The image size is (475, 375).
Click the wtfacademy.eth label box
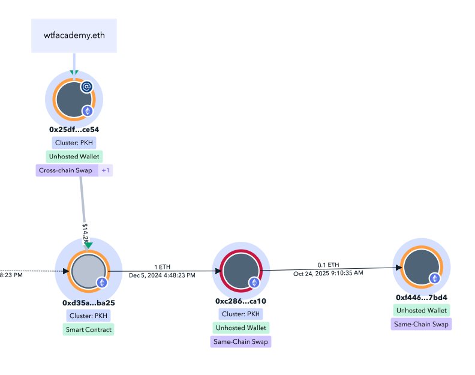[x=74, y=35]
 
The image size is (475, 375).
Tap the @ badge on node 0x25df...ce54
[x=86, y=87]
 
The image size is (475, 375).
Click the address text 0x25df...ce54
[x=74, y=129]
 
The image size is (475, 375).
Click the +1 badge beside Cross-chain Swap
[x=106, y=170]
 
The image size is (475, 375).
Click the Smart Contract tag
[x=88, y=329]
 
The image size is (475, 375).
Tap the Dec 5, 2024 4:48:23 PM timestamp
[x=162, y=275]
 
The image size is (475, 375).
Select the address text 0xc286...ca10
[x=240, y=301]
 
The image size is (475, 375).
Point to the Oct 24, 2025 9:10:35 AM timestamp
[x=328, y=272]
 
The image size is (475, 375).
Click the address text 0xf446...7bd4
[x=422, y=297]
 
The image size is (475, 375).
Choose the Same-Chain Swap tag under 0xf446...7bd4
[x=421, y=324]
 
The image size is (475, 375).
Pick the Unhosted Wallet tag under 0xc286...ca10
[x=240, y=328]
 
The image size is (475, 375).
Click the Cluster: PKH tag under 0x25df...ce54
[x=74, y=143]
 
